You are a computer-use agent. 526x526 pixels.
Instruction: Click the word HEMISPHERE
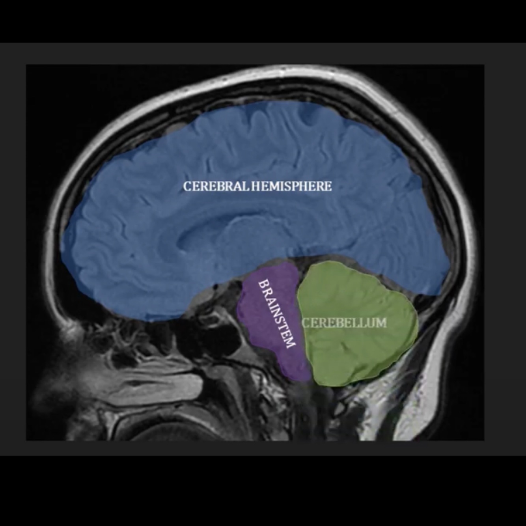click(291, 186)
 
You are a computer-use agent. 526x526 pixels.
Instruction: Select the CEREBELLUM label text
click(344, 323)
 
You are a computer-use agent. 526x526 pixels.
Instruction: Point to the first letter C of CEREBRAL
click(187, 186)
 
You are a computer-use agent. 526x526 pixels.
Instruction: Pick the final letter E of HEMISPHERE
click(328, 186)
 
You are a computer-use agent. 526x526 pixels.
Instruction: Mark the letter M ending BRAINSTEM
click(290, 344)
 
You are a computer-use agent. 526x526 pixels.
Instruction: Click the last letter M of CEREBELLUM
click(381, 323)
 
